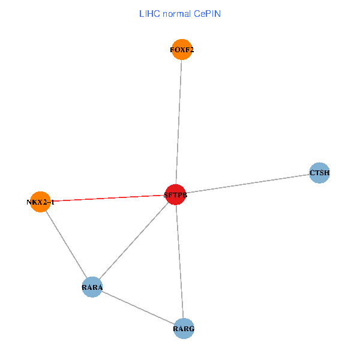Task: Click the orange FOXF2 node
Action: (182, 50)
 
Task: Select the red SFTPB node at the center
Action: (175, 194)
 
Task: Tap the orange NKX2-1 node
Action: (40, 202)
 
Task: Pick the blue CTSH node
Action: (319, 173)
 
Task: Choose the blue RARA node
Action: (92, 287)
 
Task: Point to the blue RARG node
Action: (184, 328)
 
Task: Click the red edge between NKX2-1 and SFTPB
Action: (108, 198)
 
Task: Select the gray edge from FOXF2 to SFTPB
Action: (179, 120)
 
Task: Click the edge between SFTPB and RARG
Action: (180, 262)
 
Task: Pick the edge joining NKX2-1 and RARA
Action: (66, 245)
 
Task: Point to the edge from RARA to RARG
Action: (138, 308)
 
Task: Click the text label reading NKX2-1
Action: (40, 202)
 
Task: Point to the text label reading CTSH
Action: (319, 173)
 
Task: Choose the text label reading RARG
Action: (184, 329)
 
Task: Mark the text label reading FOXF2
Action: (182, 50)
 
